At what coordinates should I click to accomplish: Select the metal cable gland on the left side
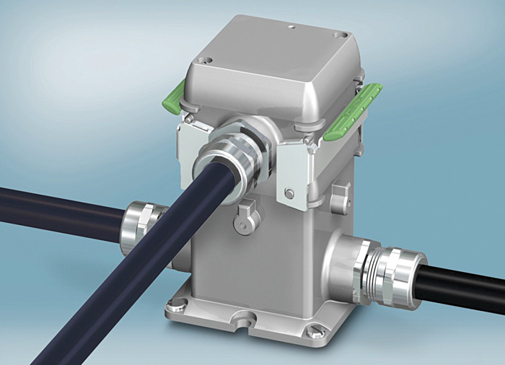(x=141, y=224)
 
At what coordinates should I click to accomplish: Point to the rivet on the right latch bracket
(x=289, y=193)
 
